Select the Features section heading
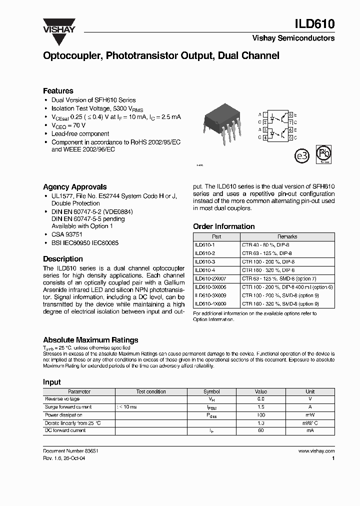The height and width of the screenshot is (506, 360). coord(58,91)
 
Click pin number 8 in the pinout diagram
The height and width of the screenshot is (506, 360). coord(291,114)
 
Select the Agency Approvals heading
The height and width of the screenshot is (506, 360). coord(74,187)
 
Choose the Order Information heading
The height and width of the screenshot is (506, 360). coord(223,226)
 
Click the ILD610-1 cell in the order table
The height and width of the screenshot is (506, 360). coord(204,245)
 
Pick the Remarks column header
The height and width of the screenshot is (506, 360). coord(287,236)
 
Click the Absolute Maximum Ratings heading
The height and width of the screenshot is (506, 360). coord(90,340)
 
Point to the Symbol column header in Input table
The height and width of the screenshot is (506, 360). coord(211,391)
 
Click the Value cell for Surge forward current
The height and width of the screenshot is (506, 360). coord(261,407)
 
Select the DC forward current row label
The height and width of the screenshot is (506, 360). coord(65,430)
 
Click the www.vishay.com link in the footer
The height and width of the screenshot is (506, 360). coord(316,450)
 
